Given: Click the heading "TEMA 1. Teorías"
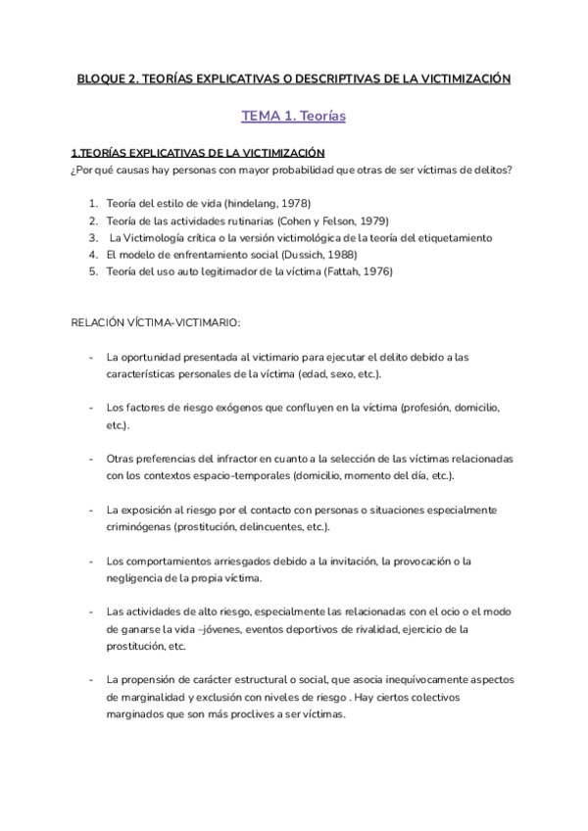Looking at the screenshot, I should (x=293, y=117).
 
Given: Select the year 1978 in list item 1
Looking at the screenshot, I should (x=293, y=203).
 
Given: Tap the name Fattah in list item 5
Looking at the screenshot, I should (x=341, y=271).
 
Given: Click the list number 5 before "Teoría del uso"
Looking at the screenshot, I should (x=93, y=271).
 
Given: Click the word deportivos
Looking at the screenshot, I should (x=316, y=628).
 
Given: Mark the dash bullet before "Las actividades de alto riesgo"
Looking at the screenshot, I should (x=91, y=611).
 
